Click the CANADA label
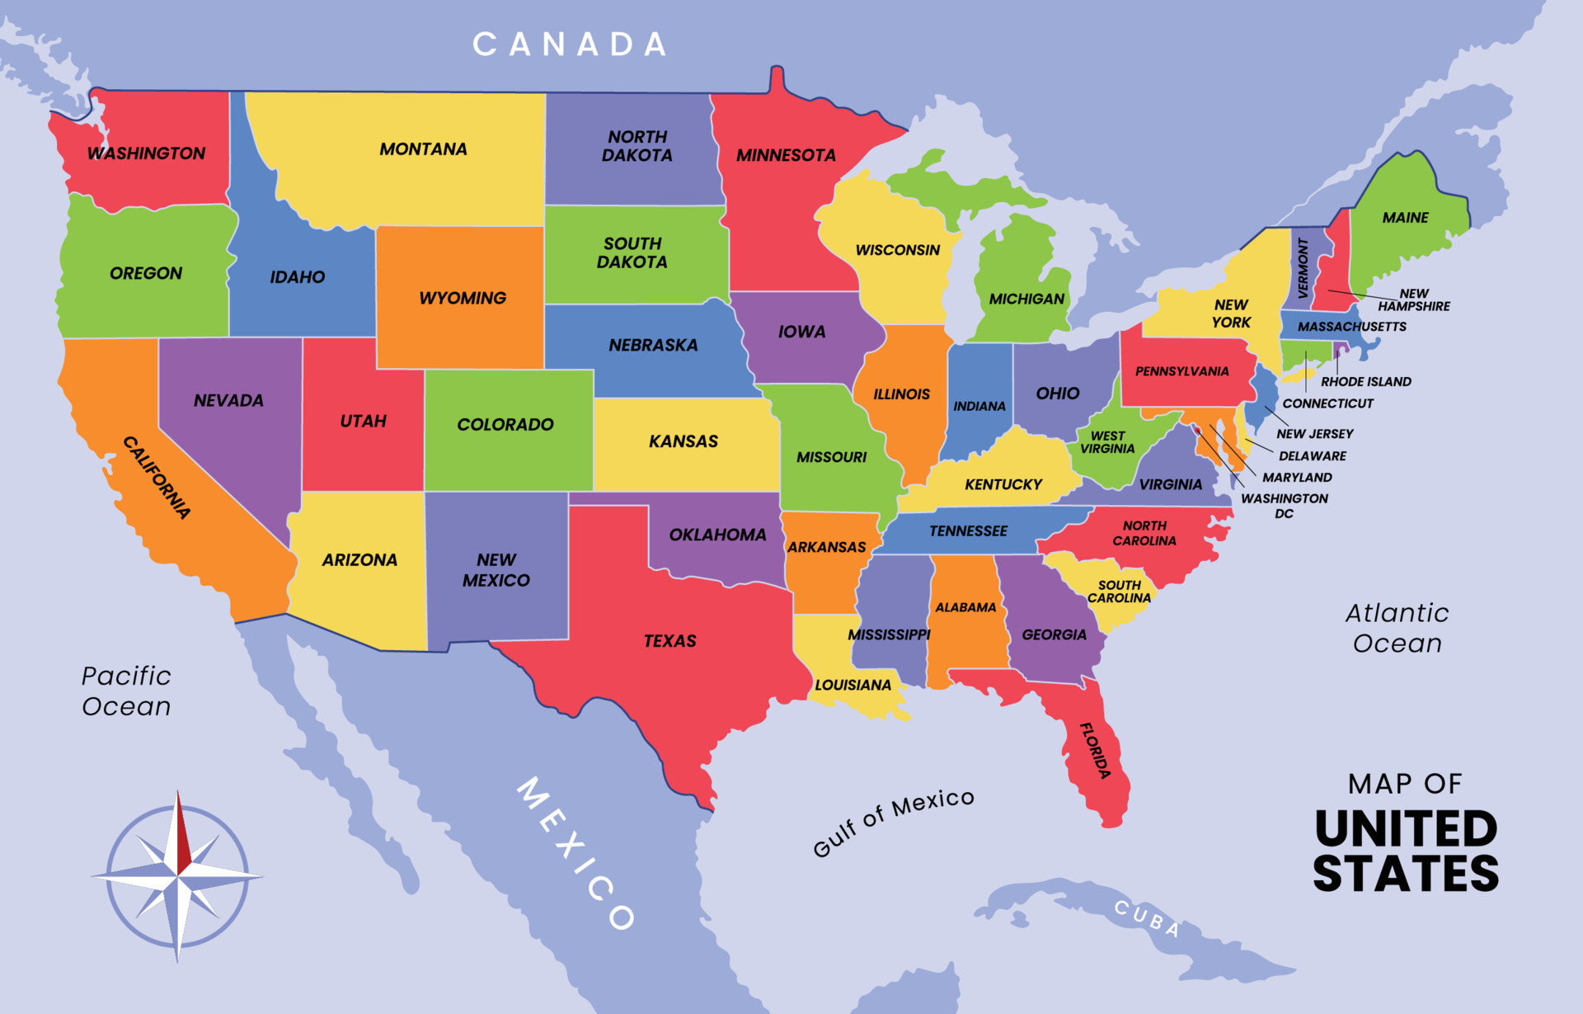tap(570, 45)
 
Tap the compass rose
tap(177, 876)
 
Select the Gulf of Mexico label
tap(893, 822)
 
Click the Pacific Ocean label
tap(126, 691)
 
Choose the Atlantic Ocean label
tap(1397, 628)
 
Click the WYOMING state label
tap(463, 298)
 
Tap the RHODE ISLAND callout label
tap(1365, 382)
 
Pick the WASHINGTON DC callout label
tap(1284, 506)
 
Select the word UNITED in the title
tap(1406, 829)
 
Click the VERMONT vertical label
tap(1303, 268)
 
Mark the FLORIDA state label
tap(1096, 750)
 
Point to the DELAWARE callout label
tap(1312, 455)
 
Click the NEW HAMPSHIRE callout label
tap(1413, 299)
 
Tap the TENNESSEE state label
tap(968, 531)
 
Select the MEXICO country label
tap(576, 854)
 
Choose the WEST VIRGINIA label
tap(1107, 442)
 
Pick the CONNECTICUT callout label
tap(1327, 403)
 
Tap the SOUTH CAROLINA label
tap(1119, 592)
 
